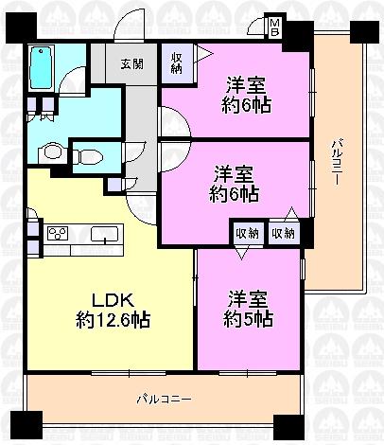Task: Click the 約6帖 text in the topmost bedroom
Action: (241, 104)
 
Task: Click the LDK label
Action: (111, 296)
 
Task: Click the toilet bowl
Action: (90, 154)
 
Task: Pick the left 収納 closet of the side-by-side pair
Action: (246, 232)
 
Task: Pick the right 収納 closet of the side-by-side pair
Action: (282, 232)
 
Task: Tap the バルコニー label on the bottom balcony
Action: (162, 398)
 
